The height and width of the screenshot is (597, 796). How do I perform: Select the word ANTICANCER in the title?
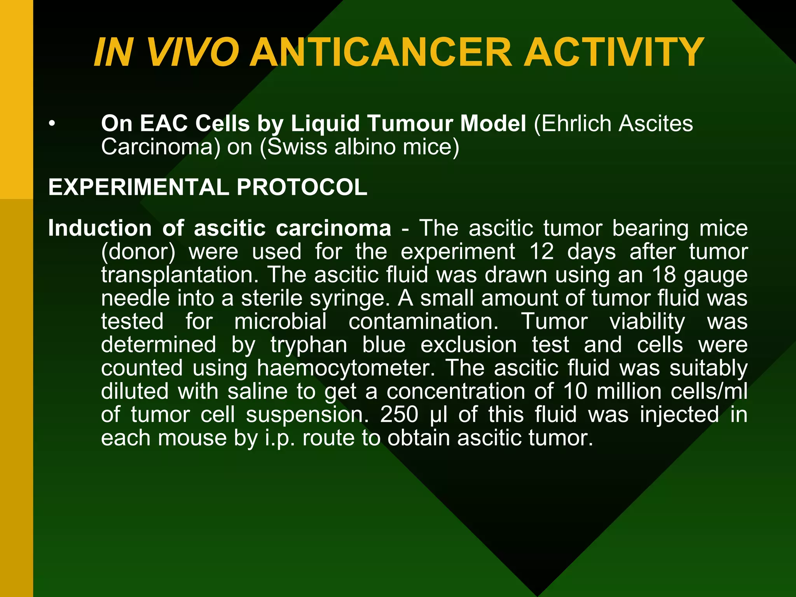381,53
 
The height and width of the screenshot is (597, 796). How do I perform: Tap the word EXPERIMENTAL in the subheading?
138,187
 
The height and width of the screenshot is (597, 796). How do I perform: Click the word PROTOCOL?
302,187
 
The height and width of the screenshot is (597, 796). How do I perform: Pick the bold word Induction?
99,228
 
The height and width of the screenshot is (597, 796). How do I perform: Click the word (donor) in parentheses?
138,252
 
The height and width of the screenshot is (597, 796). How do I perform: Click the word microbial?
280,321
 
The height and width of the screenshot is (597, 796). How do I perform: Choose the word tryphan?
309,345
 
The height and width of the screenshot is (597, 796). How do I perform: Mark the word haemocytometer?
346,368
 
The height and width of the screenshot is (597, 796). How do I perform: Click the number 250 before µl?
399,414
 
